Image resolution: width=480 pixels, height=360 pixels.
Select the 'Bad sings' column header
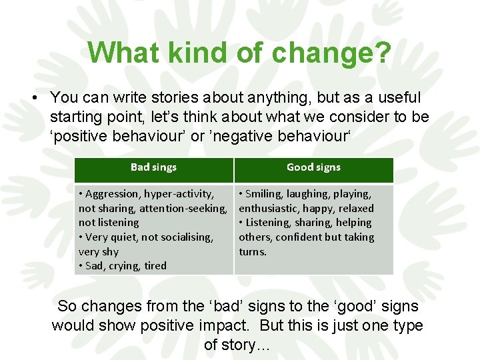point(153,167)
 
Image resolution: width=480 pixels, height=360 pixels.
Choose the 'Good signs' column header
point(313,167)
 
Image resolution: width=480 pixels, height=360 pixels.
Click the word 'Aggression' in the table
point(112,194)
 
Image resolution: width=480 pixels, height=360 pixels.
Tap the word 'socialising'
point(186,237)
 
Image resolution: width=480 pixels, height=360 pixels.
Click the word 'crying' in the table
point(125,265)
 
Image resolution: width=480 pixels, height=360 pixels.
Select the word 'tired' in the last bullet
point(155,265)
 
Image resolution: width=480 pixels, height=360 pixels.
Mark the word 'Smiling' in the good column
point(264,194)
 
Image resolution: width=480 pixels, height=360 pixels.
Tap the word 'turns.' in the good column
point(253,251)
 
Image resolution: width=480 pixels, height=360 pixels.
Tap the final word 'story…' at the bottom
point(238,345)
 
